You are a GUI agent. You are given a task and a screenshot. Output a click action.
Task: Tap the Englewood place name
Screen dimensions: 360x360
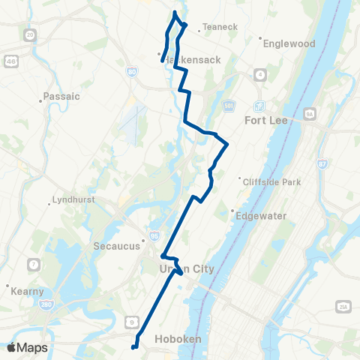(x=289, y=43)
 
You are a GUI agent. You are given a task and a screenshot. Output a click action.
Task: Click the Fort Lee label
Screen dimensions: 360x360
(x=268, y=120)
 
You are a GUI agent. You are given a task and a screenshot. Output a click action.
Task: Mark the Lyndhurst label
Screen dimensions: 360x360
(x=73, y=200)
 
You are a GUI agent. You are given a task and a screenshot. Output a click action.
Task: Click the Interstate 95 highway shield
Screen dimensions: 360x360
(x=153, y=234)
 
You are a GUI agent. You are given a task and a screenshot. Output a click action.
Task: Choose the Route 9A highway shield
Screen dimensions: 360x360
(x=310, y=114)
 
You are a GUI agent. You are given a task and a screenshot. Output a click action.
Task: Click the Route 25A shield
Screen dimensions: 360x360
(x=344, y=307)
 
